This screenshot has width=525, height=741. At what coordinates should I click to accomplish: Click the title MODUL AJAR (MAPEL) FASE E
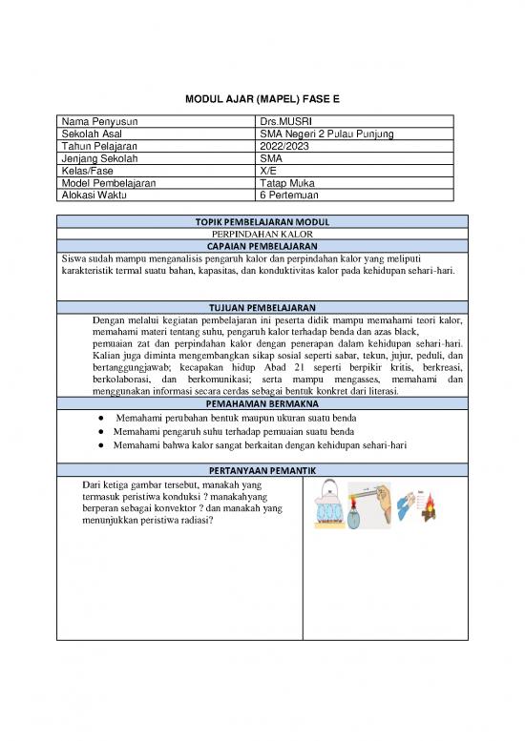point(262,99)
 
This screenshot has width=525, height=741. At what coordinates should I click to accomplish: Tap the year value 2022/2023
point(283,146)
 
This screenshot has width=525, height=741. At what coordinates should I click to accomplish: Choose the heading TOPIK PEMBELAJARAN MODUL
point(262,221)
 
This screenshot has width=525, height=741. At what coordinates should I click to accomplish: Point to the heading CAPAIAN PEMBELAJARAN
point(262,245)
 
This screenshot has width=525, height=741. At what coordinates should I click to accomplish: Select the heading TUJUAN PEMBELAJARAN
point(262,308)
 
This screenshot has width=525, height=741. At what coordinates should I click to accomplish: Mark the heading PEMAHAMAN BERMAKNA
point(262,403)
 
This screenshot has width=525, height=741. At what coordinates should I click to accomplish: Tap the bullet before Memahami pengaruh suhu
point(100,432)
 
